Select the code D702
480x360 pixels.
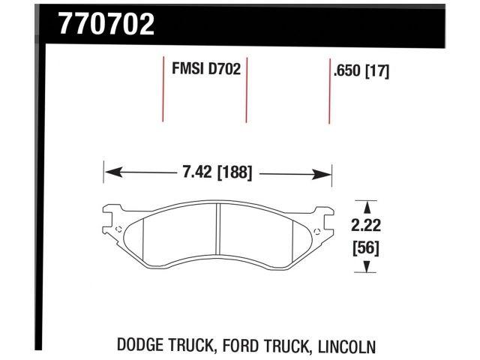tap(224, 70)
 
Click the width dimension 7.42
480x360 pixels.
tap(197, 172)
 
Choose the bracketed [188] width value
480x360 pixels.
tap(233, 172)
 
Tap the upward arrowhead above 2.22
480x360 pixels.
tap(365, 204)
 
